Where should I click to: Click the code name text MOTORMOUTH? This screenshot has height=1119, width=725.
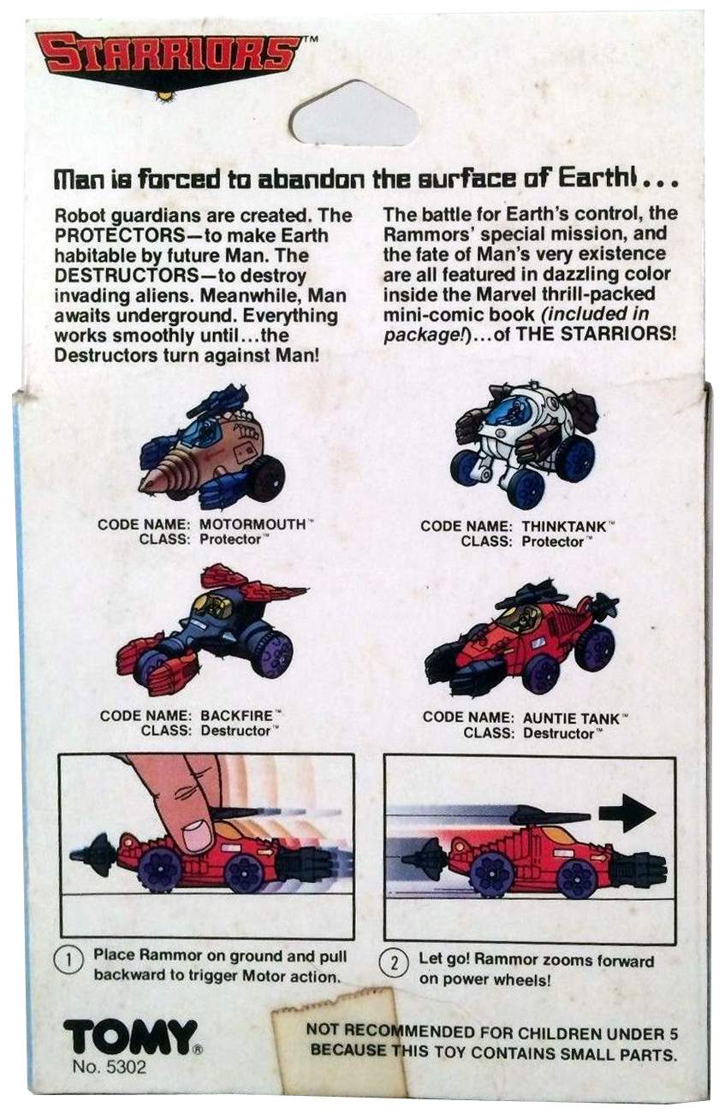253,524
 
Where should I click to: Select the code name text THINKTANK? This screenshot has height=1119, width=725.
564,526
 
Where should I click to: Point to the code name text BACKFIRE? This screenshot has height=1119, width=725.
236,715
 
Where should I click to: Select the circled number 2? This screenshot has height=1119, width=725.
395,964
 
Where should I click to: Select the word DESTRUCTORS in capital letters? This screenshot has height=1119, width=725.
120,275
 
